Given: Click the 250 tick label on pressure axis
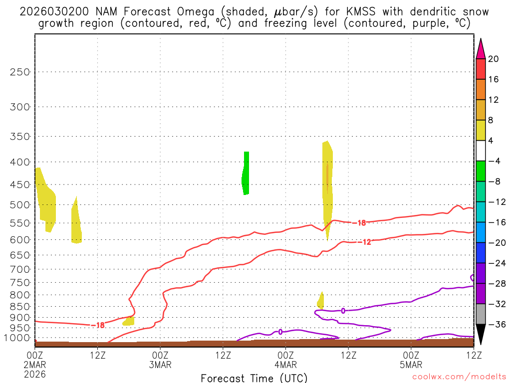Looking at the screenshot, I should pyautogui.click(x=20, y=72).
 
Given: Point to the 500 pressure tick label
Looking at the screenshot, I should pyautogui.click(x=20, y=204).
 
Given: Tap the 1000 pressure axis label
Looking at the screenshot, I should pyautogui.click(x=18, y=338).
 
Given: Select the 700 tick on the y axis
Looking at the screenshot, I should pyautogui.click(x=20, y=269).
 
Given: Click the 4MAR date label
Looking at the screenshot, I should pyautogui.click(x=285, y=365).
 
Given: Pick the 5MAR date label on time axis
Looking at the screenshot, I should pyautogui.click(x=411, y=365).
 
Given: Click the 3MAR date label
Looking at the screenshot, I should pyautogui.click(x=160, y=365).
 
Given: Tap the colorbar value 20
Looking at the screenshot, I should pyautogui.click(x=494, y=59).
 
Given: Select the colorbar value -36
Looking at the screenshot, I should pyautogui.click(x=496, y=324).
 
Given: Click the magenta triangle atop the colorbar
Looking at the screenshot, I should pyautogui.click(x=481, y=49).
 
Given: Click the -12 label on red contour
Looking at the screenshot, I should pyautogui.click(x=366, y=242).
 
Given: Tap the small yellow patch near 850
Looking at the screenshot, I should pyautogui.click(x=320, y=301).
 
